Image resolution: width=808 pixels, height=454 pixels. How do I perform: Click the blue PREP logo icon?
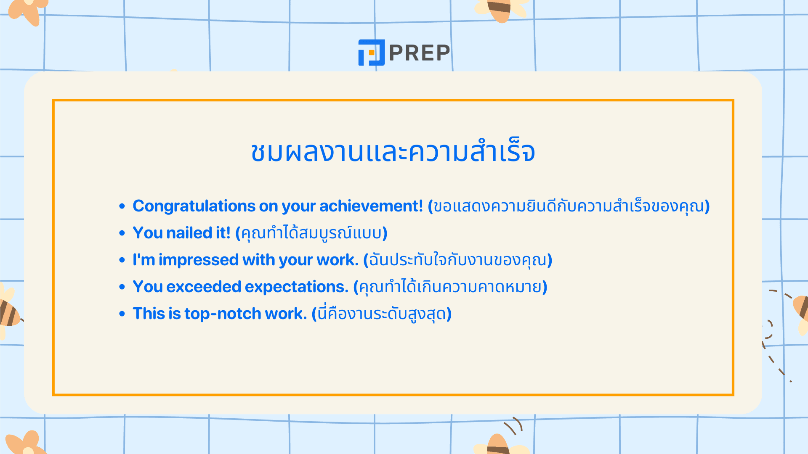tap(371, 53)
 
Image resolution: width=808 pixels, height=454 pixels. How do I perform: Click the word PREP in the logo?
tap(420, 53)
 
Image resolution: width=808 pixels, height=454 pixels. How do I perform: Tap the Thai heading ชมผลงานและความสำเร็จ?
tap(393, 152)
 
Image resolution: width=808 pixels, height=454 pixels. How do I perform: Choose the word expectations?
tap(297, 287)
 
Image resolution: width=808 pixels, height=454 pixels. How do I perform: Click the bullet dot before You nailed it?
tap(122, 233)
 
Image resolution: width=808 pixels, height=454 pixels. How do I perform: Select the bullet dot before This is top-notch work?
tap(122, 314)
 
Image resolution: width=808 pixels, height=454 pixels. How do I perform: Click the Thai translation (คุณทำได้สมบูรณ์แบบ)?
tap(311, 233)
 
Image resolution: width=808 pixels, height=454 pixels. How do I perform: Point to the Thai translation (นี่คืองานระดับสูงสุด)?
tap(382, 314)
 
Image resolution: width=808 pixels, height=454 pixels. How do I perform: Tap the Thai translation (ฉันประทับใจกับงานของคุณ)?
tap(458, 260)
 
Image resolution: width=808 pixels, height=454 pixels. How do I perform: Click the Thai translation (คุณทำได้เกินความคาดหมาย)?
tap(450, 287)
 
